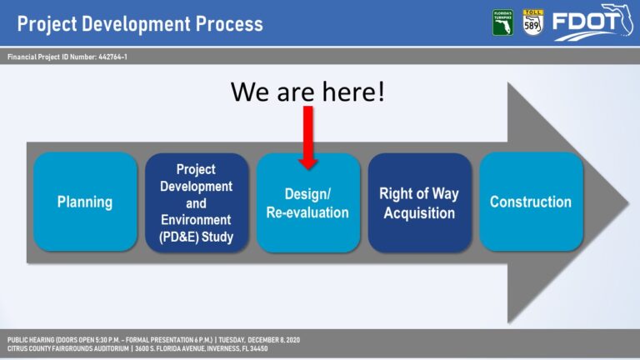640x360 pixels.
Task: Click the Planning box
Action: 85,202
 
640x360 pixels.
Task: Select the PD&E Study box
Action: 197,202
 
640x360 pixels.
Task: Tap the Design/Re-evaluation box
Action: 308,202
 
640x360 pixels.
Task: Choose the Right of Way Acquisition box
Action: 420,202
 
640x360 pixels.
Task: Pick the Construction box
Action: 531,202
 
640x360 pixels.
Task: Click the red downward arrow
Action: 308,137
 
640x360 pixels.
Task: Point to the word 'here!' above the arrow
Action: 353,92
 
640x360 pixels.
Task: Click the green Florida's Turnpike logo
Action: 502,22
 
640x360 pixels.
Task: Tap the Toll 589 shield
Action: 533,22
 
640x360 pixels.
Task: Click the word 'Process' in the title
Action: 229,24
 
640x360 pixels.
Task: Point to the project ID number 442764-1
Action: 112,57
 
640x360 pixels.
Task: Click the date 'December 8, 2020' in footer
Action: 273,340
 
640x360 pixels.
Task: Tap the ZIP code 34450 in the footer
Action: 259,348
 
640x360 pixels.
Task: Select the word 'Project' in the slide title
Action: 47,24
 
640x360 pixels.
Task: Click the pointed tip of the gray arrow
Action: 628,202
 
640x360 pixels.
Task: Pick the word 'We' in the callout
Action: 251,92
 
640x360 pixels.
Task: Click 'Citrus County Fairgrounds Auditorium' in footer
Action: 67,348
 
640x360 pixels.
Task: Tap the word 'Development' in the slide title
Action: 136,24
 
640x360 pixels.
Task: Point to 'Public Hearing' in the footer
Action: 31,340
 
